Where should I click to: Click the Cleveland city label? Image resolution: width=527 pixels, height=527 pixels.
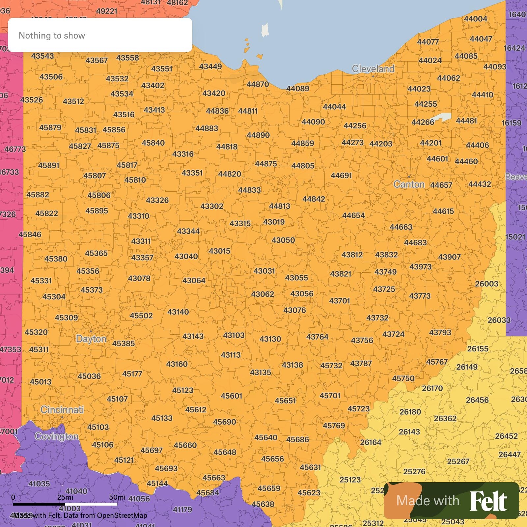click(x=373, y=69)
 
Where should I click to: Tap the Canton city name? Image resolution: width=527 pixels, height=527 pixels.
click(x=409, y=184)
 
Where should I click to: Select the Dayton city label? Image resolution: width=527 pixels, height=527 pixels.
click(x=91, y=339)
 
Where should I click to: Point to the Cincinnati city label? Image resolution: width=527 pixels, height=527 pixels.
click(x=62, y=410)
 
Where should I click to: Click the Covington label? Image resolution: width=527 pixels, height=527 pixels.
click(x=56, y=437)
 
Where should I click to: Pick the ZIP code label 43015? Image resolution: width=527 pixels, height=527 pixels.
click(x=219, y=251)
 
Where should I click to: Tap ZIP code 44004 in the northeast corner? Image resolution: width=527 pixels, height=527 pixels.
click(x=475, y=19)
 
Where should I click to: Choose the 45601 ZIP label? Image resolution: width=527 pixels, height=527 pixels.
click(x=231, y=396)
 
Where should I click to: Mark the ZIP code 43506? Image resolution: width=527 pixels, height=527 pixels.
click(x=51, y=77)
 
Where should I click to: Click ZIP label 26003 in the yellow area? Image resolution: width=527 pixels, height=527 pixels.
click(x=486, y=284)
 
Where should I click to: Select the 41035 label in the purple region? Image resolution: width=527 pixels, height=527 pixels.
click(x=39, y=484)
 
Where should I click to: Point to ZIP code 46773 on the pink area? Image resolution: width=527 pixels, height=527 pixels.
click(x=15, y=149)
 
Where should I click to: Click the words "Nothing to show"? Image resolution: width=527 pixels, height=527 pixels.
click(x=52, y=36)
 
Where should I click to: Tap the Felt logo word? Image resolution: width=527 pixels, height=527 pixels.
click(x=488, y=501)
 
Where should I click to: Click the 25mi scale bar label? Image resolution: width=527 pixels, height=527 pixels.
click(x=65, y=497)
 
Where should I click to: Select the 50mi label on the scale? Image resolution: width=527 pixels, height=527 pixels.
click(x=117, y=497)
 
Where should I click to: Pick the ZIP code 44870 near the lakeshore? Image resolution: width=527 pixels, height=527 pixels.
click(x=258, y=84)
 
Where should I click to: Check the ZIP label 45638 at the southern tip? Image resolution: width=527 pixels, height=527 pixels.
click(x=263, y=504)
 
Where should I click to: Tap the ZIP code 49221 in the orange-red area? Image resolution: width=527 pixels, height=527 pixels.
click(x=106, y=11)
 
